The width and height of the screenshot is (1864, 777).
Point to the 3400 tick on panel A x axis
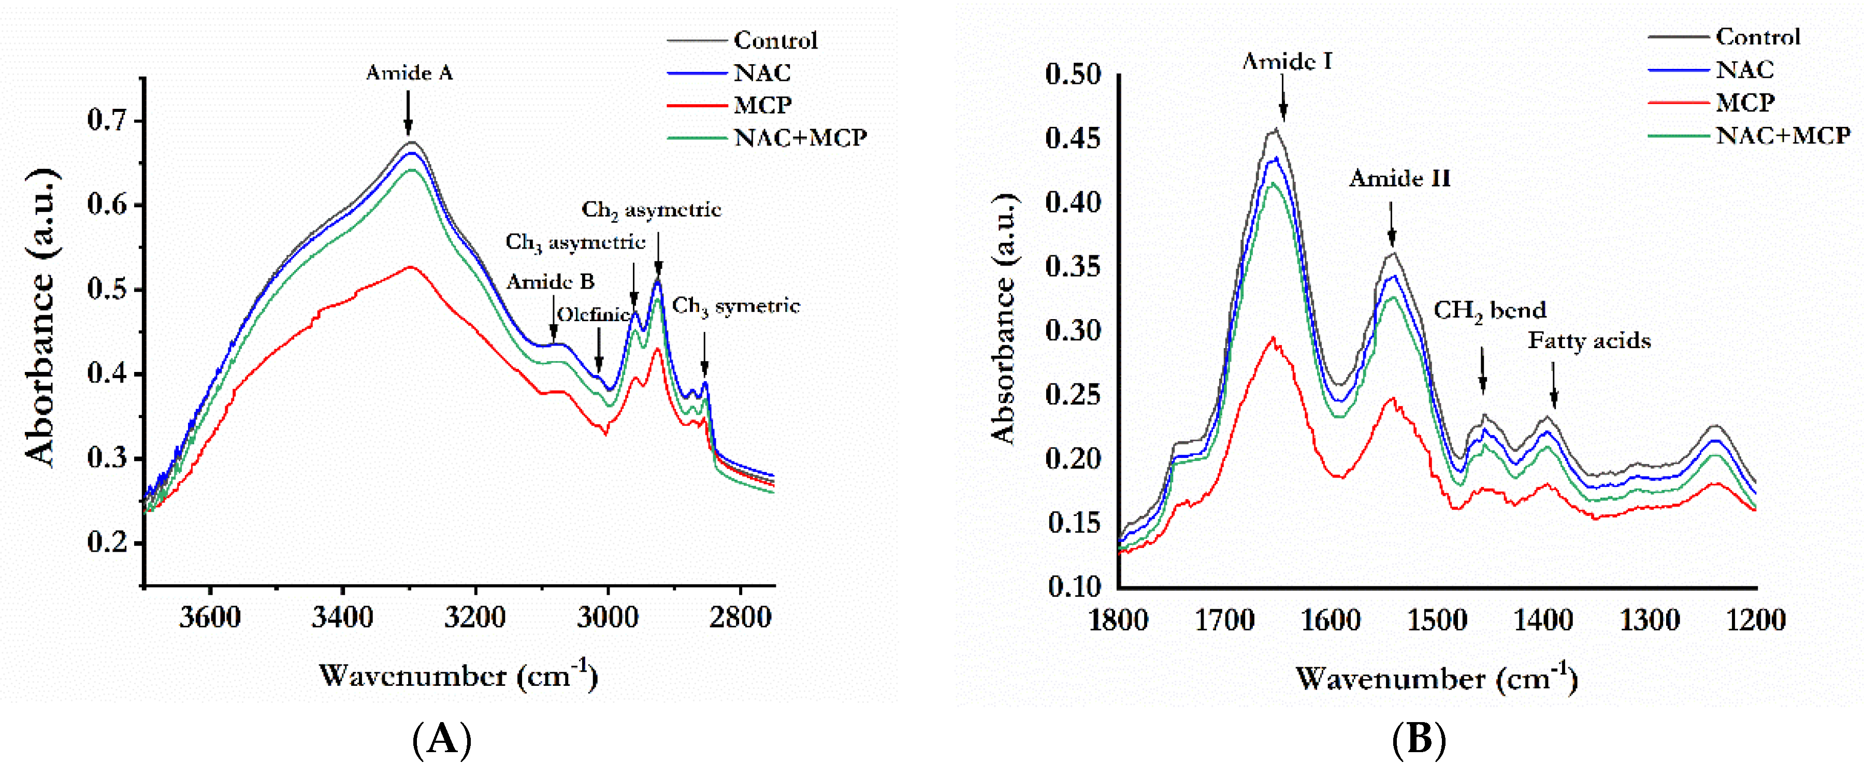[342, 617]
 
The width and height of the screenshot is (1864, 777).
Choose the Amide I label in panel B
[1287, 62]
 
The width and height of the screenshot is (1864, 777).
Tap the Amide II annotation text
[1399, 178]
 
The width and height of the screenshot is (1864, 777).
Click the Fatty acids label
[1589, 341]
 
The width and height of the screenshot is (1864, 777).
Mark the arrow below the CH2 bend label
[1483, 370]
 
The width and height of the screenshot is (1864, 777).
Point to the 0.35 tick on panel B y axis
[1073, 266]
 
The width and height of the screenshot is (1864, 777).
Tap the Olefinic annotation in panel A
[592, 314]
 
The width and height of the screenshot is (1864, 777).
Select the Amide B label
[550, 281]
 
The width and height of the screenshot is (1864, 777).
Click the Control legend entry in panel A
[775, 40]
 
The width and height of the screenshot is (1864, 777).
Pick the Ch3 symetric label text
[736, 306]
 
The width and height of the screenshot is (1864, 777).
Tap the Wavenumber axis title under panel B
[1436, 678]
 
